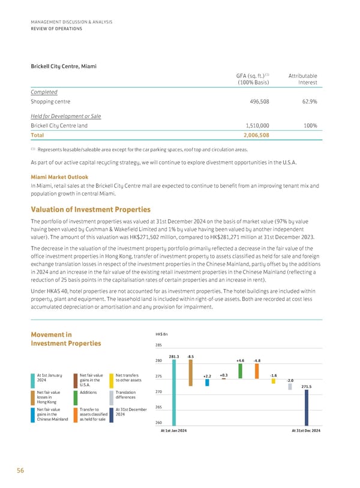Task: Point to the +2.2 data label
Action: click(207, 376)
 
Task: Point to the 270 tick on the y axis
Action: click(159, 392)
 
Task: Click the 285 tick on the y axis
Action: click(159, 345)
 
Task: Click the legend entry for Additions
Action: click(88, 392)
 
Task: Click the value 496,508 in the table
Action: click(259, 102)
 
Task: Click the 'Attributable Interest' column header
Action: click(303, 79)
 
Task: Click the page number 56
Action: click(21, 471)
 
